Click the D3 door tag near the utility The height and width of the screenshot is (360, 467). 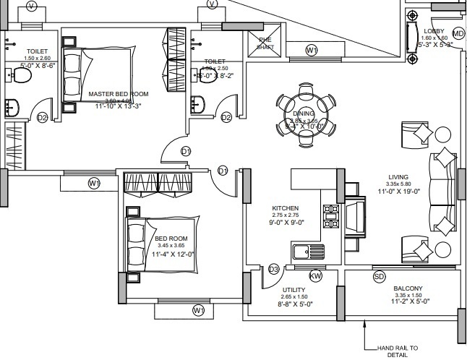(273, 270)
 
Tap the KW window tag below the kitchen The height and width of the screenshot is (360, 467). (315, 276)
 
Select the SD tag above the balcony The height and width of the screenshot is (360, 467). (379, 276)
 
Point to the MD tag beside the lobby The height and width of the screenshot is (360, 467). (458, 34)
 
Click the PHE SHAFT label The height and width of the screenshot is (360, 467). (265, 43)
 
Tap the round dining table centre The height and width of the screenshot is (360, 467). (304, 120)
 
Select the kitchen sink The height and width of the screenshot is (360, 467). (309, 252)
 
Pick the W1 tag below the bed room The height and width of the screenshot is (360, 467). (199, 310)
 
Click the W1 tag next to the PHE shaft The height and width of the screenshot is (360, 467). (312, 51)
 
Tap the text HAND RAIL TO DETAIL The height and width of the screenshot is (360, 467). (398, 352)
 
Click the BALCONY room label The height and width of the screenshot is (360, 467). (408, 288)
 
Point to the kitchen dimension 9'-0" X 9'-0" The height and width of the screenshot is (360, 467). (285, 223)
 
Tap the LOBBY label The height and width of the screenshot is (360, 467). (434, 31)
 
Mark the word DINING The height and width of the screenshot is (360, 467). (304, 114)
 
